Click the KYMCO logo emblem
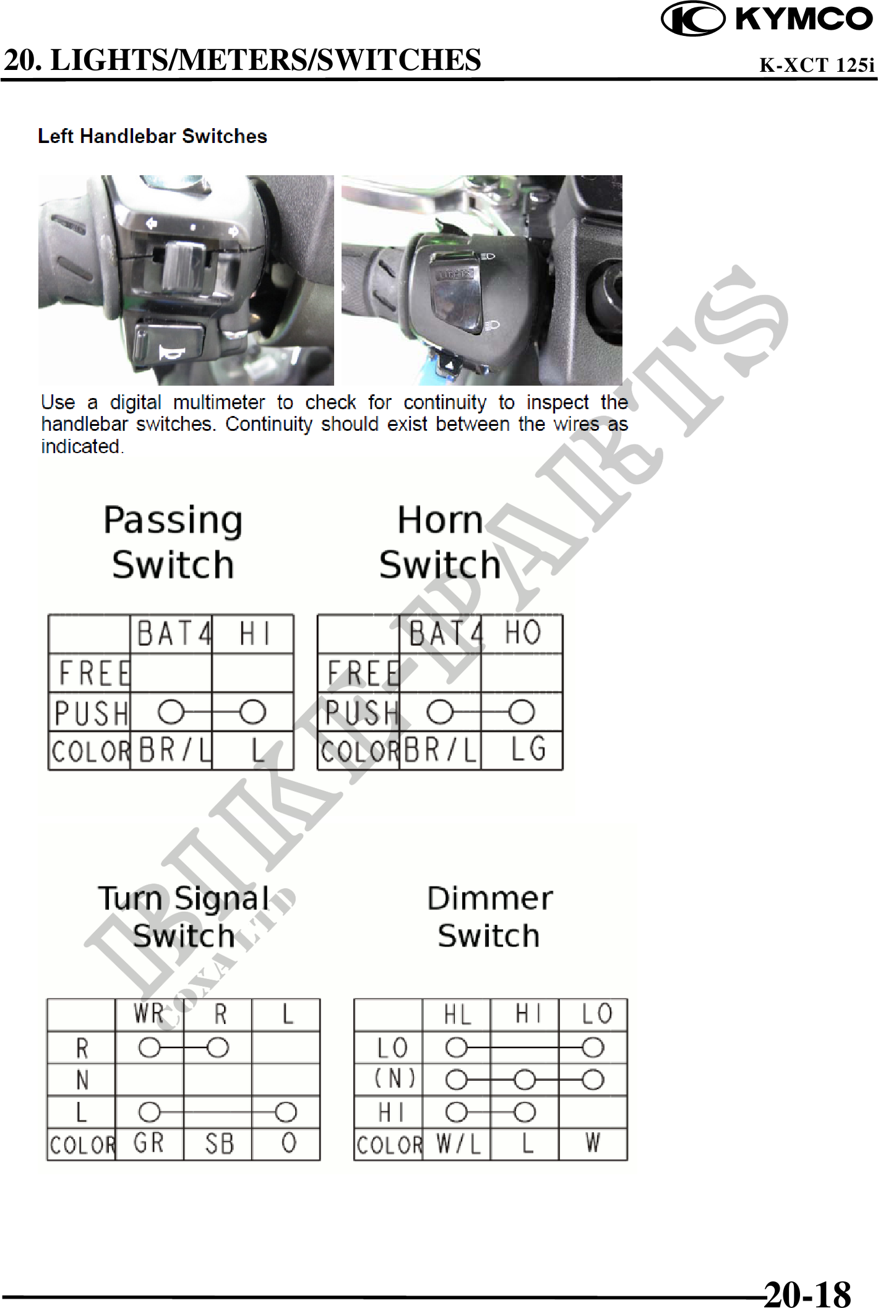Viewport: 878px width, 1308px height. coord(693,19)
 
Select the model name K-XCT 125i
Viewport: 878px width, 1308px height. coord(817,65)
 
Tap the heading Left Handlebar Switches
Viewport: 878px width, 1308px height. coord(152,136)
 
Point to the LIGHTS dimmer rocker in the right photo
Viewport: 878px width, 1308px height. coord(457,294)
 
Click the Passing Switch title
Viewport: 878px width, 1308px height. coord(173,542)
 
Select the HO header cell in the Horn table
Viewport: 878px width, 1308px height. coord(522,634)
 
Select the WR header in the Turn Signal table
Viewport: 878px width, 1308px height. coord(149,1015)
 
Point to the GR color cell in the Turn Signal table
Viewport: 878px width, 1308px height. coord(149,1143)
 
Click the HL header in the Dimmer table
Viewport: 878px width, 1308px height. coord(457,1015)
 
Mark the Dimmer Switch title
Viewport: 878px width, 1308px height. coord(489,917)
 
